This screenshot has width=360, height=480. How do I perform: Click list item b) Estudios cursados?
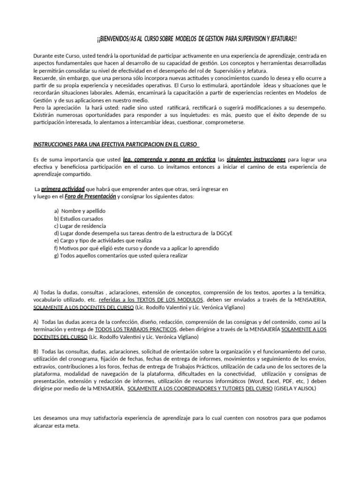pyautogui.click(x=78, y=218)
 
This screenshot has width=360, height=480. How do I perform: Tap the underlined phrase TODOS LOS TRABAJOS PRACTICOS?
pyautogui.click(x=135, y=330)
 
